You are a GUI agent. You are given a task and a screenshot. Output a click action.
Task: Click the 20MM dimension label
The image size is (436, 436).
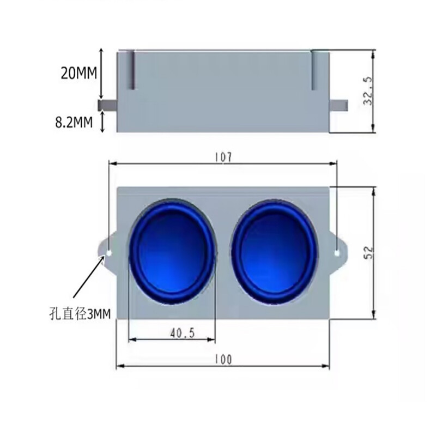[x=79, y=74]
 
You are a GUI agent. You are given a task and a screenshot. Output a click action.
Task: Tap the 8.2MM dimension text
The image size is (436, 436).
[x=74, y=122]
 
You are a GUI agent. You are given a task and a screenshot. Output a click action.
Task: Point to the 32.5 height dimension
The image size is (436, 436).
[x=368, y=90]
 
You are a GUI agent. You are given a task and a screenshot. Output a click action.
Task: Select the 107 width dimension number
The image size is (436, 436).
[x=223, y=158]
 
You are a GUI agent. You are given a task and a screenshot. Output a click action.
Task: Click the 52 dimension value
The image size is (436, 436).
[x=369, y=252]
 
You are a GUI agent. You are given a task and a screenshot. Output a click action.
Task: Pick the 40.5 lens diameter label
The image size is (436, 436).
[x=183, y=333]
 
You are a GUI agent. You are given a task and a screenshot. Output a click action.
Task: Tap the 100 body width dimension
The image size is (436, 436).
[x=223, y=360]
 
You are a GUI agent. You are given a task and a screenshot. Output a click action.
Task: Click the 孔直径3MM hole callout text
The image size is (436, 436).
[x=80, y=314]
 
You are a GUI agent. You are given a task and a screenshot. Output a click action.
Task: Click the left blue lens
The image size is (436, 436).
[x=172, y=252]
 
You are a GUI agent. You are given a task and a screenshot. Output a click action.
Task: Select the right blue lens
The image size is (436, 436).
[x=275, y=252]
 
